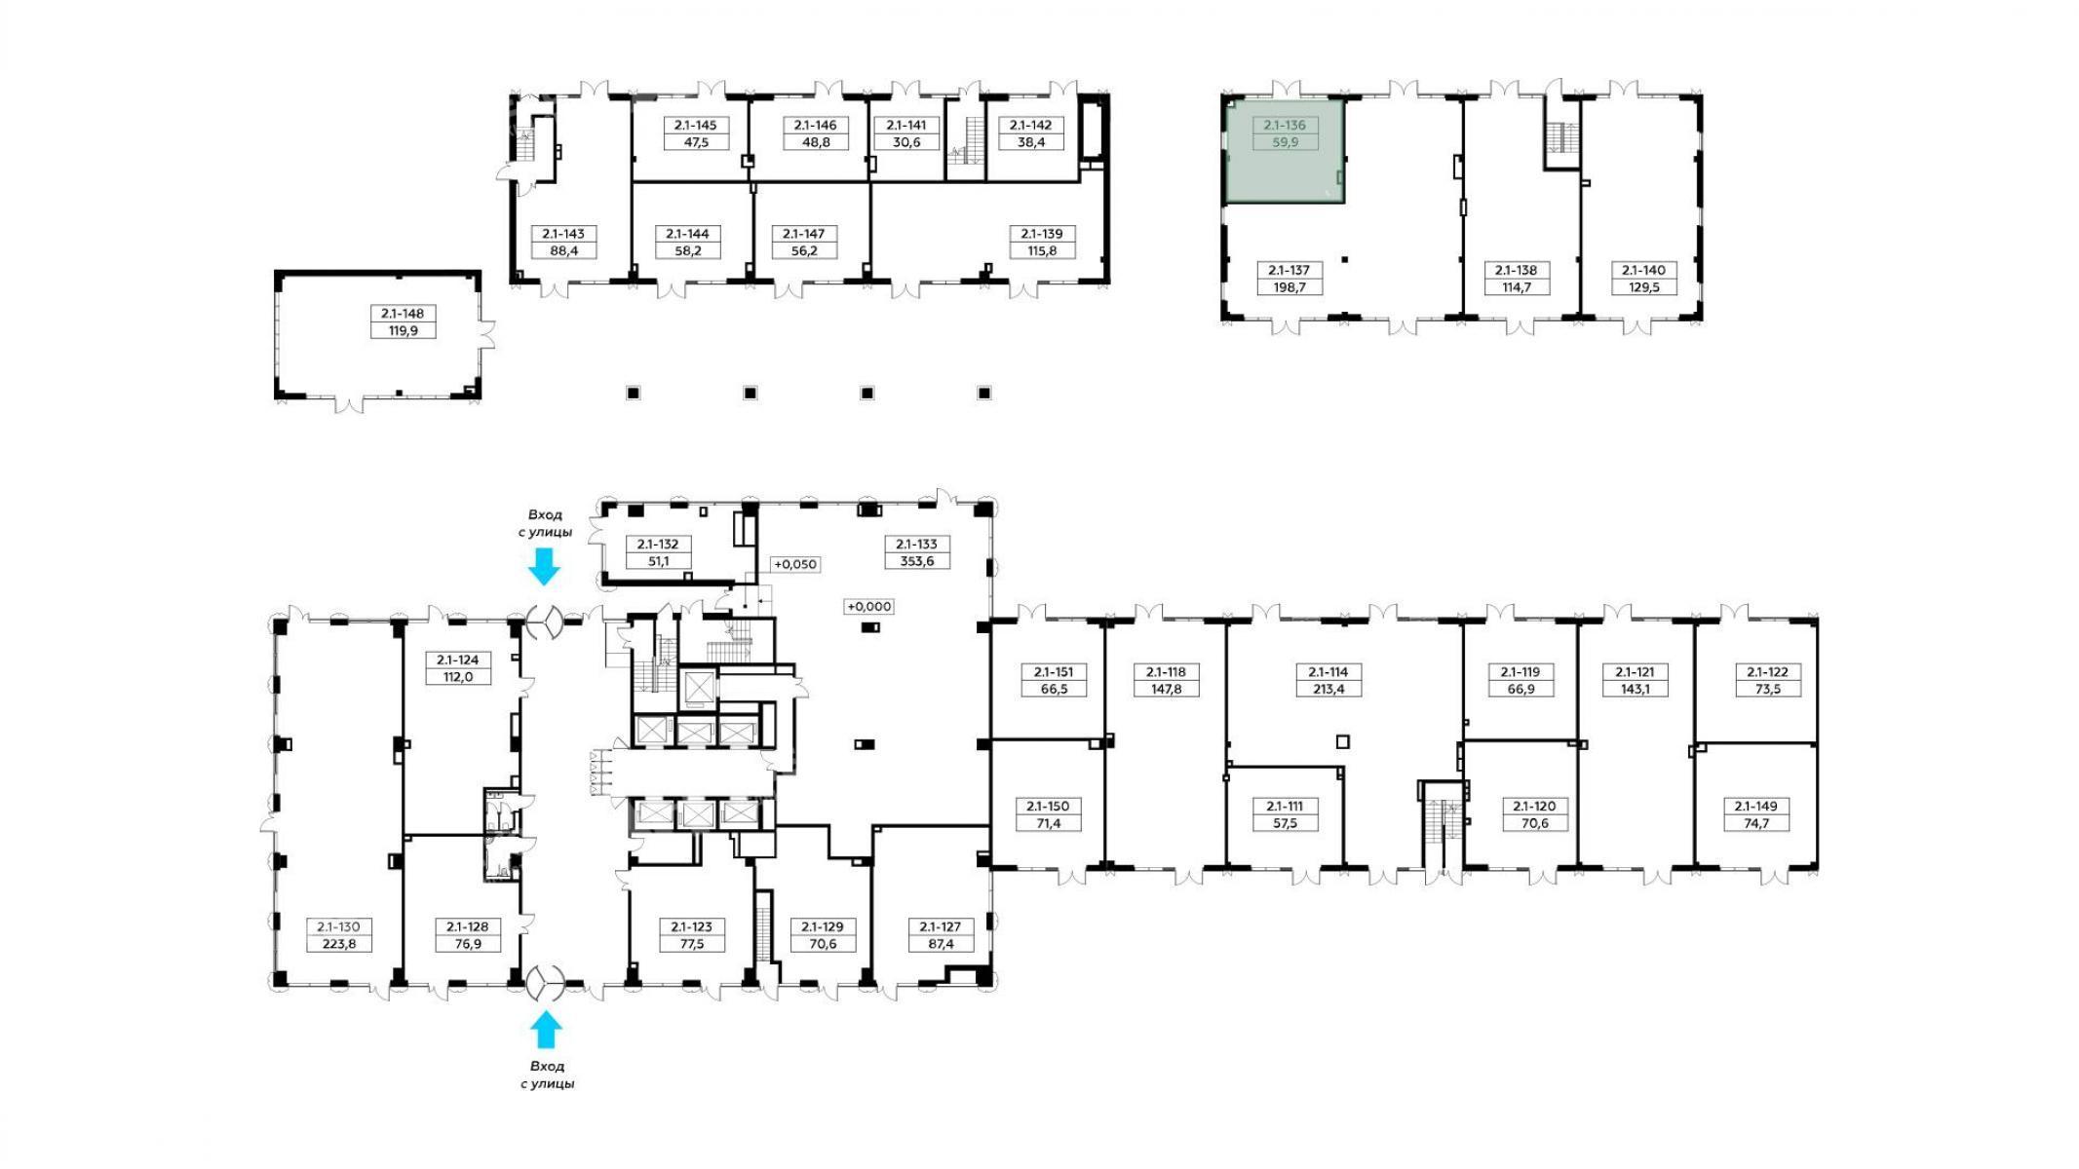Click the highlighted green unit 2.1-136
[1285, 150]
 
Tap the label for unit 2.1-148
[404, 314]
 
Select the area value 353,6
[916, 561]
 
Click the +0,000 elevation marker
[868, 606]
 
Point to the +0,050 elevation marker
[794, 564]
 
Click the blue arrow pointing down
[544, 566]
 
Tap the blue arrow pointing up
[545, 1030]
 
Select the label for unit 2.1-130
[339, 926]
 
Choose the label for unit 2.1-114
[1328, 672]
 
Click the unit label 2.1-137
[1289, 270]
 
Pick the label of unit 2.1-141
[905, 125]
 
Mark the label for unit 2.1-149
[1755, 806]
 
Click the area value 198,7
[1289, 287]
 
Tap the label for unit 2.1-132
[658, 545]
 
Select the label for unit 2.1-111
[1285, 806]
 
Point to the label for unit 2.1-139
[1042, 234]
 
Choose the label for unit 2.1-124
[457, 660]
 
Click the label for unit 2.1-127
[934, 926]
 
